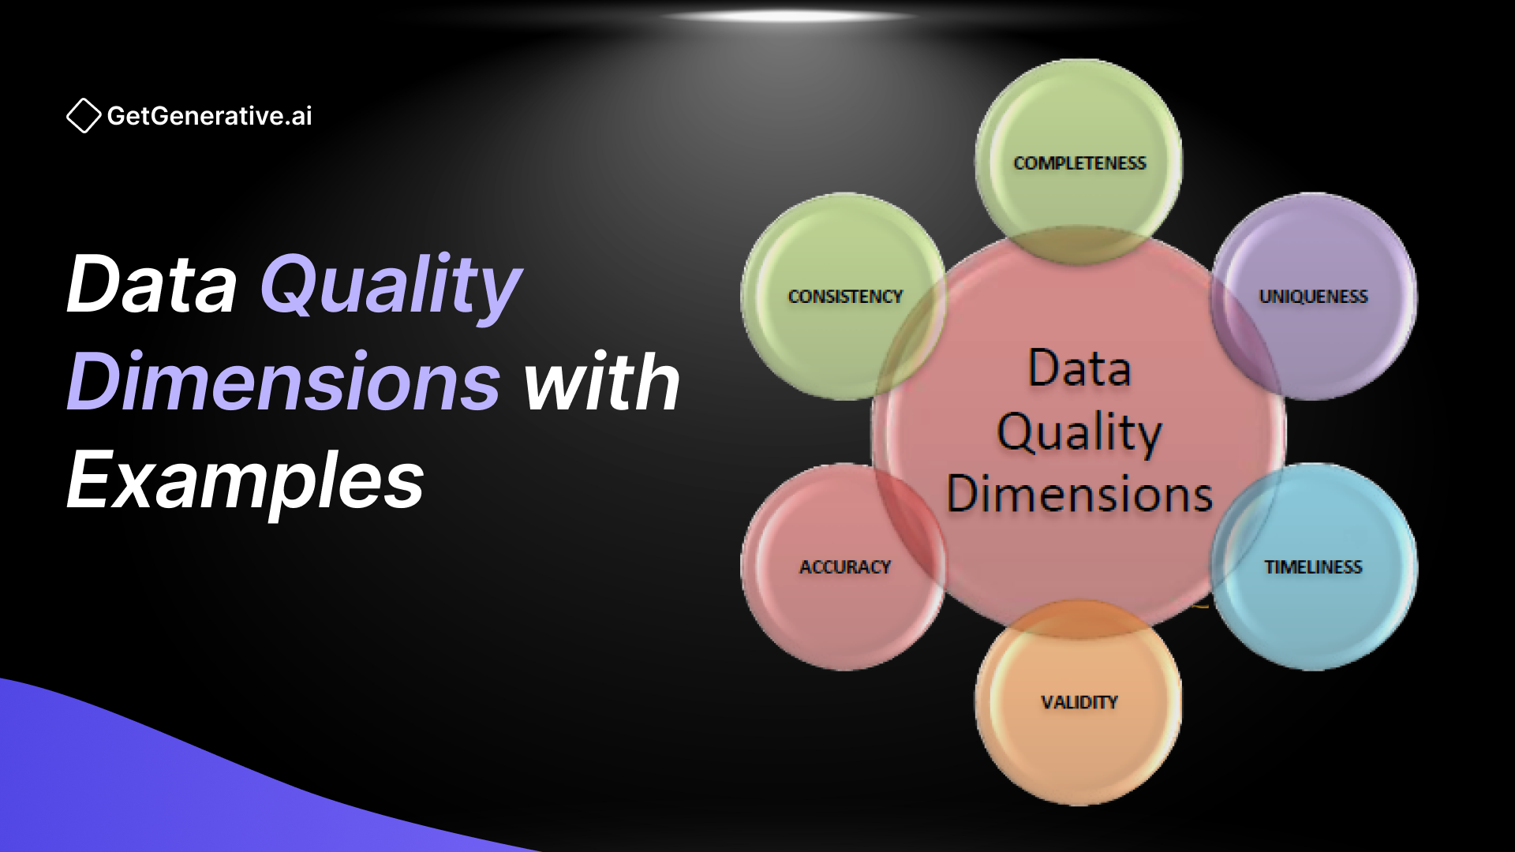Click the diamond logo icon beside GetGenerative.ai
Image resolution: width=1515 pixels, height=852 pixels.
click(x=83, y=116)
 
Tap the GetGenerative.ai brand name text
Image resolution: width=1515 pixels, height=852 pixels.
click(x=209, y=116)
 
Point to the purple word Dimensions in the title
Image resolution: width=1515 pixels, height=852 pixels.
click(x=283, y=383)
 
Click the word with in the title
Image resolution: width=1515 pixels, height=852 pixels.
click(x=601, y=383)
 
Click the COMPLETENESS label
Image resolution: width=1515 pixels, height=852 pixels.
click(x=1079, y=163)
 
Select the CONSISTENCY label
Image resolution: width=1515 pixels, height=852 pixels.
click(x=845, y=297)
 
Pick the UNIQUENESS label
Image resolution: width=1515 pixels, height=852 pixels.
click(x=1313, y=297)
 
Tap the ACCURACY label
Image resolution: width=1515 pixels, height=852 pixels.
click(x=845, y=567)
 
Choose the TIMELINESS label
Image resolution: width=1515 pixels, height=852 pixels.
click(x=1313, y=567)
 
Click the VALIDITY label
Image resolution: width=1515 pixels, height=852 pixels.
click(x=1079, y=702)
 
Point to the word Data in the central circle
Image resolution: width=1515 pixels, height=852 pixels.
click(x=1079, y=369)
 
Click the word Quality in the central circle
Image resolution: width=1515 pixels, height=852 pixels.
click(x=1079, y=432)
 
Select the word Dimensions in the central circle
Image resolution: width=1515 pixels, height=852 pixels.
click(x=1079, y=495)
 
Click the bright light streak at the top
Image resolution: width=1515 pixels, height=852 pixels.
click(x=789, y=16)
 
